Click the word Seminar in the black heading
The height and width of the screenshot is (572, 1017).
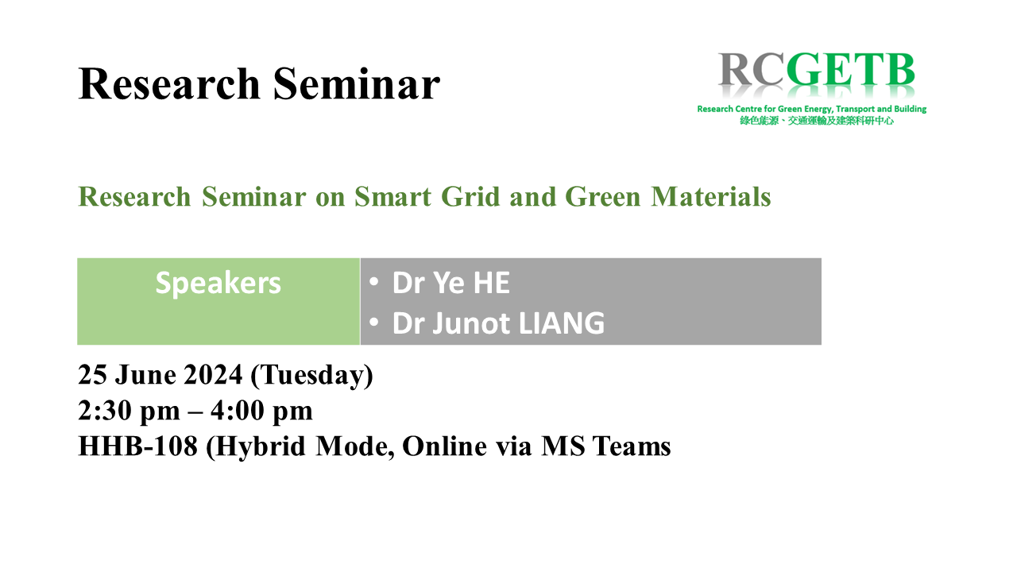click(x=357, y=84)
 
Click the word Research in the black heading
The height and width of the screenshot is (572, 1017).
click(x=169, y=84)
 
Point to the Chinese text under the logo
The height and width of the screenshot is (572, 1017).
click(x=816, y=121)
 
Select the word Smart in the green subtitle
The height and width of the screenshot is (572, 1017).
click(x=392, y=196)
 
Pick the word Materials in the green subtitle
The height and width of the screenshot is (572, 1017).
click(x=710, y=196)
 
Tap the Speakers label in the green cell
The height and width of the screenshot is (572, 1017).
click(x=218, y=284)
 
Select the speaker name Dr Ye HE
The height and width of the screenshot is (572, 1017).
click(x=450, y=282)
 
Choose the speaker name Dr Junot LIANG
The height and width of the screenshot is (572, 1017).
click(x=498, y=323)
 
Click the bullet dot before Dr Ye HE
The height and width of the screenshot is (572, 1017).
click(x=373, y=281)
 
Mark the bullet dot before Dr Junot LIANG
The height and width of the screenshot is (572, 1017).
click(x=373, y=323)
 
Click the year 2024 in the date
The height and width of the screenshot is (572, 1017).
click(x=213, y=375)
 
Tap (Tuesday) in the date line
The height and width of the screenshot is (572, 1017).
click(x=311, y=376)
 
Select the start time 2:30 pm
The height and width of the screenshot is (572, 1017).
click(x=129, y=411)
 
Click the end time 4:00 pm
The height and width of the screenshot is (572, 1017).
click(x=261, y=411)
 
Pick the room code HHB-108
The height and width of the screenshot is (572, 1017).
click(x=138, y=446)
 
